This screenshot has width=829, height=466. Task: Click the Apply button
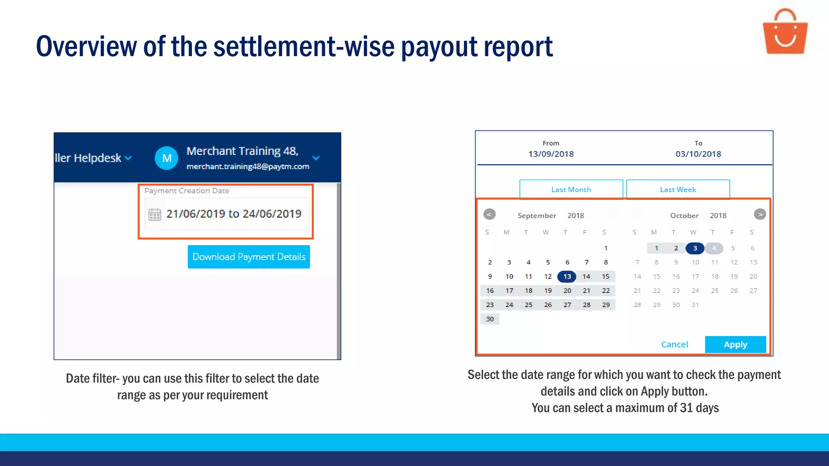735,344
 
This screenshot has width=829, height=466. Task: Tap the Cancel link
674,344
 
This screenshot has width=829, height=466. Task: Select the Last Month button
571,189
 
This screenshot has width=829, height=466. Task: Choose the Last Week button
678,189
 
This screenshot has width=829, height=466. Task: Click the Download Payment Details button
249,257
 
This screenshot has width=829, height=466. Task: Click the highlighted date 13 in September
567,276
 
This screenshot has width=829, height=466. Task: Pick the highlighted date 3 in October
695,248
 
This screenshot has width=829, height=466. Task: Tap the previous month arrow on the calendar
489,214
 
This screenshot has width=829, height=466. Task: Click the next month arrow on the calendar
760,214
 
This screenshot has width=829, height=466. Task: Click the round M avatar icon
166,158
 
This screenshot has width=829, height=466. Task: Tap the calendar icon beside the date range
155,214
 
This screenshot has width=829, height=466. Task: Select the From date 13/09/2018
551,154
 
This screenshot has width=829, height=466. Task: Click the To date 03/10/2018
698,154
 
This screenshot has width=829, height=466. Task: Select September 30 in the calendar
490,319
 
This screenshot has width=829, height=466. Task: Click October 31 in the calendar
695,305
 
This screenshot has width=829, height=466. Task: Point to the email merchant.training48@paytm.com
248,166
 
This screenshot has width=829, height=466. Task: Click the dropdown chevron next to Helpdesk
128,158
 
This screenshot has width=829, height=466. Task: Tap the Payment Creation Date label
187,191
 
